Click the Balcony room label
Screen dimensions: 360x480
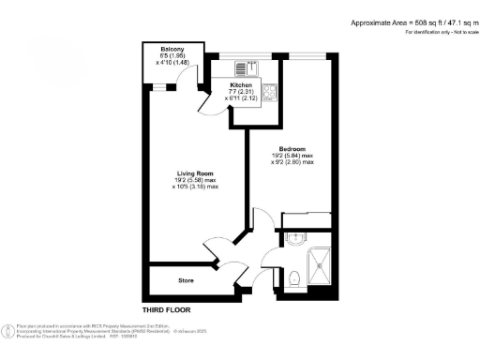(171, 49)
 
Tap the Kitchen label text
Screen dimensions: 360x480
(242, 84)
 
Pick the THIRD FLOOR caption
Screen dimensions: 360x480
(168, 308)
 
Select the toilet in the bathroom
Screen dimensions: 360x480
(294, 275)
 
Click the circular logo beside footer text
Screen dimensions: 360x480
(8, 330)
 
